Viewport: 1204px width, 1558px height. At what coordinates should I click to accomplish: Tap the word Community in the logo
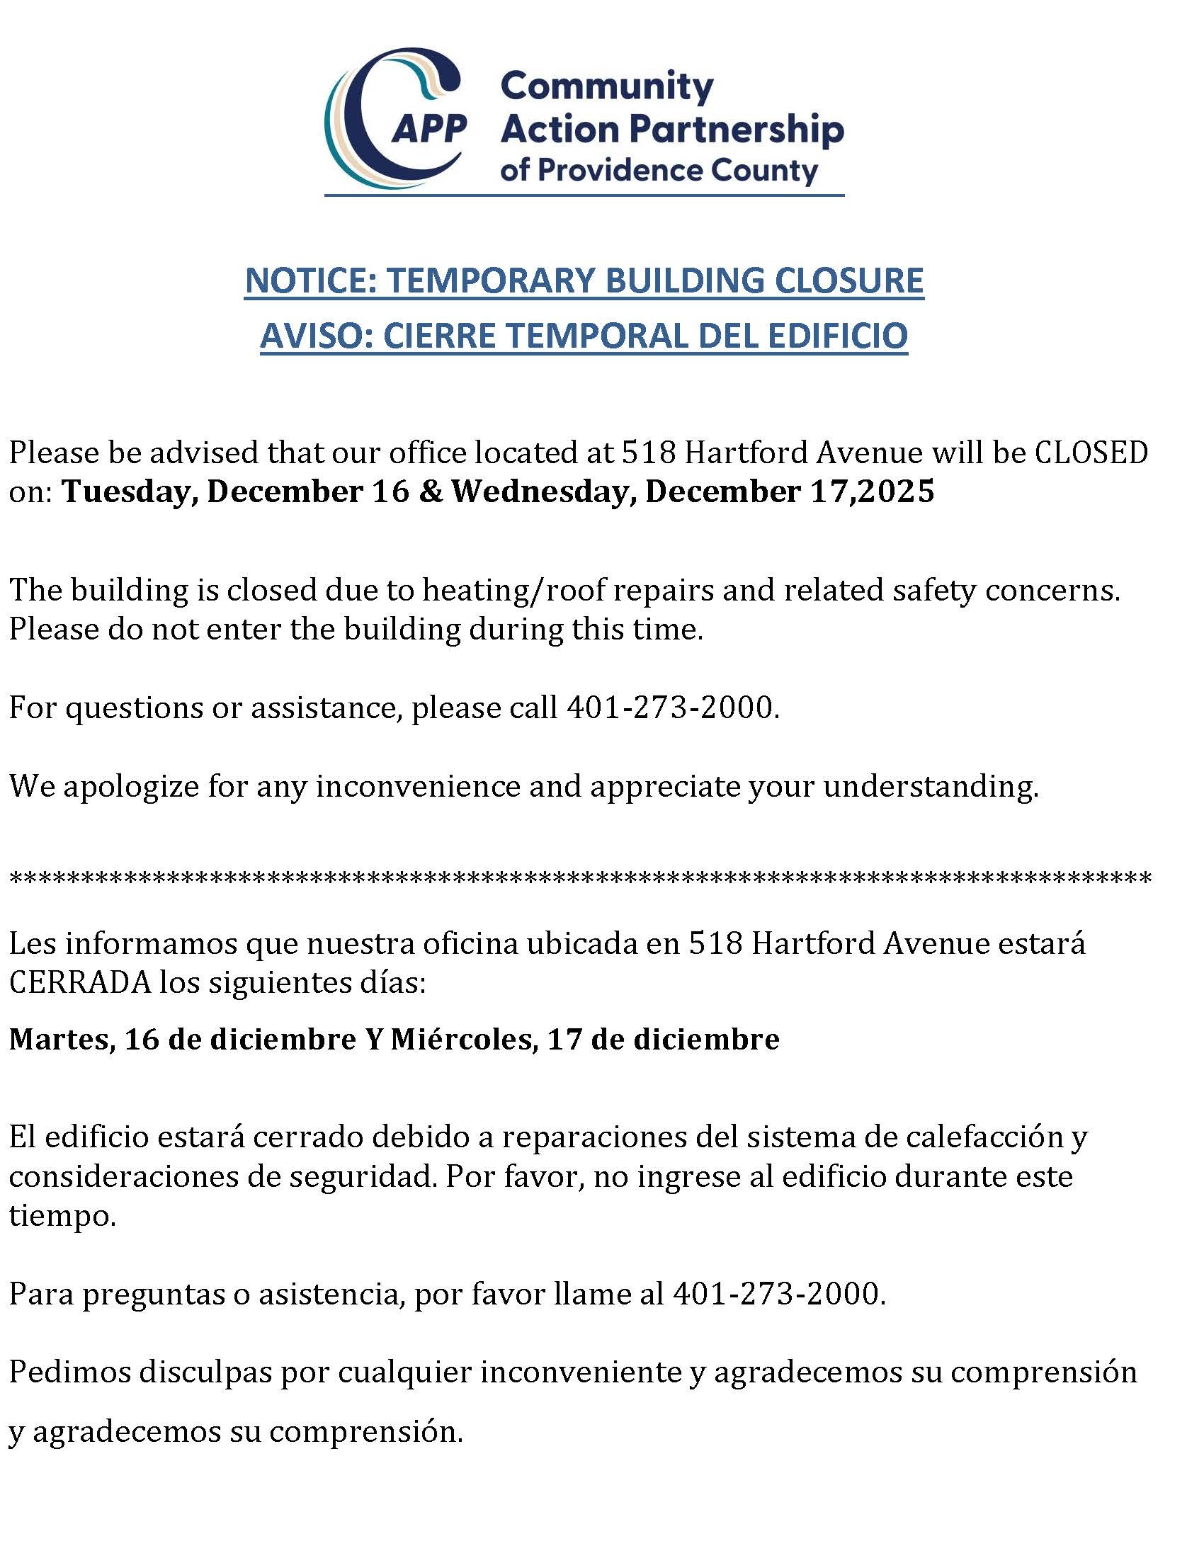coord(606,87)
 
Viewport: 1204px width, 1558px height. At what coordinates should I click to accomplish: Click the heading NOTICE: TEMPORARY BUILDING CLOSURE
coord(584,280)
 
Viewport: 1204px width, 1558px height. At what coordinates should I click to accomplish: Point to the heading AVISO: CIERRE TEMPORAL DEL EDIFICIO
coord(584,336)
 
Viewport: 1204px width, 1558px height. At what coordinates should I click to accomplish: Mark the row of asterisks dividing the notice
coord(580,878)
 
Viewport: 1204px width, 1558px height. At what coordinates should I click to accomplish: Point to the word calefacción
coord(985,1137)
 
